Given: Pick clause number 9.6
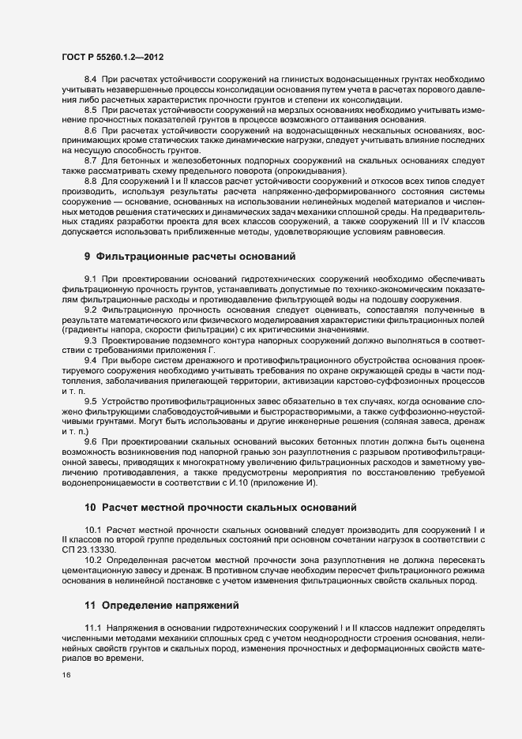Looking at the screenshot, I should coord(90,441).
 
